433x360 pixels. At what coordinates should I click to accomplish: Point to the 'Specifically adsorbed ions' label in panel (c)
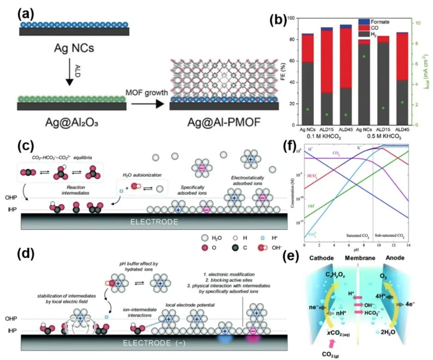click(x=193, y=187)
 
